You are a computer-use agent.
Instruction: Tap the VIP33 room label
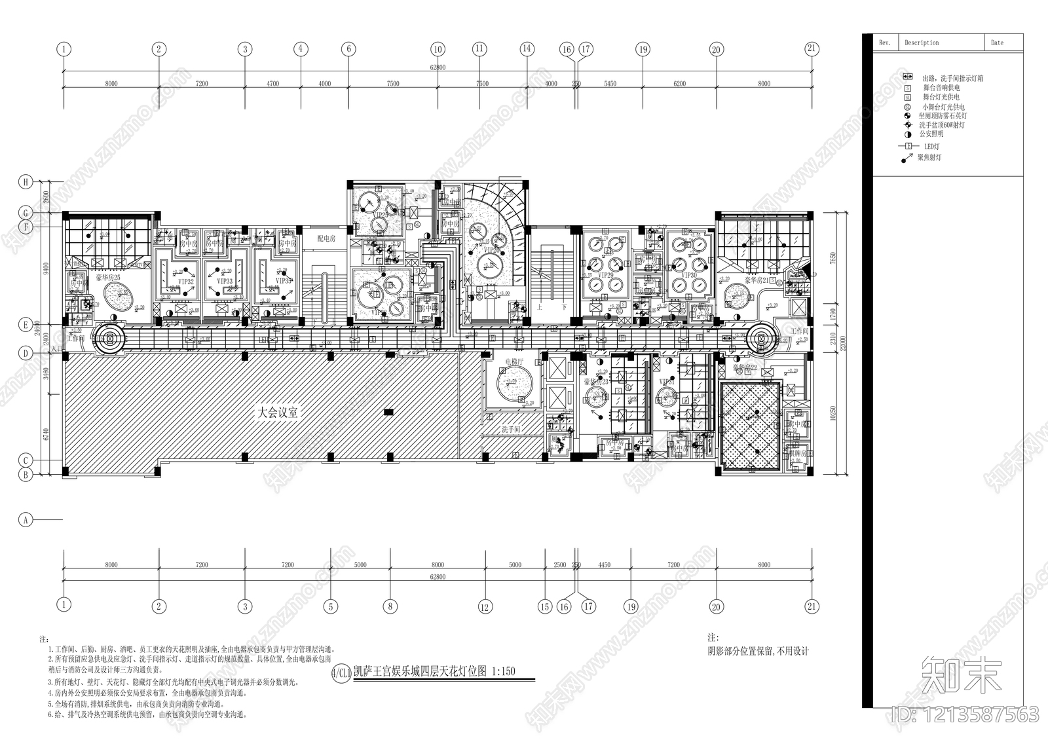(225, 281)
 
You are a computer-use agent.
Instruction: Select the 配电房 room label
(326, 239)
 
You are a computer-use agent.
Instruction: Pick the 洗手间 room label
(510, 430)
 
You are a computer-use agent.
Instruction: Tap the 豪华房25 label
(107, 278)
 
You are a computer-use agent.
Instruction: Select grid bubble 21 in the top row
(812, 48)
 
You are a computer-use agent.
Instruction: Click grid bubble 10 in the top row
(438, 49)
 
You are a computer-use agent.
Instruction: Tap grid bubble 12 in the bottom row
(485, 606)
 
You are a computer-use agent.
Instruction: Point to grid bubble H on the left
(26, 183)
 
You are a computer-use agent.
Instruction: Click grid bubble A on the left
(26, 520)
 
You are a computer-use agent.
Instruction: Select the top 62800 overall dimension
(438, 67)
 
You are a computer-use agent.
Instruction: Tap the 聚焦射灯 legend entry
(929, 158)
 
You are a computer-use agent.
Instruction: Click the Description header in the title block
(922, 43)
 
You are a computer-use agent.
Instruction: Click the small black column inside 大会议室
(388, 412)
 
